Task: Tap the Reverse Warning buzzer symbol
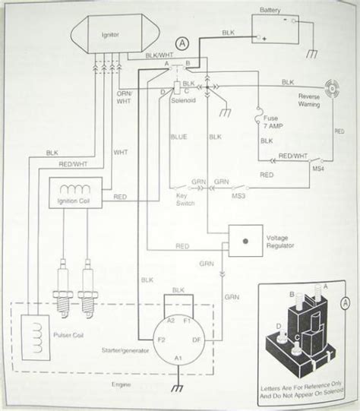tap(332, 87)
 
